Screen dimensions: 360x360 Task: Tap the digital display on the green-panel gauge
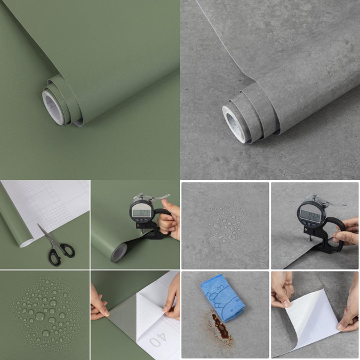point(141,212)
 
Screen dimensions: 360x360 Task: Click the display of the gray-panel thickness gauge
point(310,216)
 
